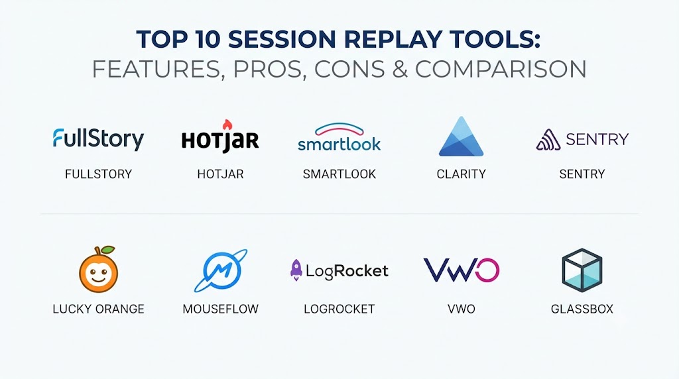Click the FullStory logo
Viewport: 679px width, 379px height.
click(98, 139)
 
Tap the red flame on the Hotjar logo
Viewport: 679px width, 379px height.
click(227, 125)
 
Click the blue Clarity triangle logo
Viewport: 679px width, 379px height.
click(462, 136)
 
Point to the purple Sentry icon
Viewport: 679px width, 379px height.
click(548, 139)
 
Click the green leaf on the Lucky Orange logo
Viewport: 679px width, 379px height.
click(107, 250)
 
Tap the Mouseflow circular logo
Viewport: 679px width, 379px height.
click(221, 270)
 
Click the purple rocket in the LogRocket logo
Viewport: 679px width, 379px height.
click(296, 270)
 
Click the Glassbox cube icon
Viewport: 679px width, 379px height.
click(582, 270)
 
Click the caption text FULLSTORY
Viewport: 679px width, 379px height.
click(98, 174)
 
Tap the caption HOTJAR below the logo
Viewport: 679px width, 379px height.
click(220, 174)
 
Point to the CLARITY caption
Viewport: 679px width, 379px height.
click(462, 174)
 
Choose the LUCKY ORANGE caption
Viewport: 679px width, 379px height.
click(98, 309)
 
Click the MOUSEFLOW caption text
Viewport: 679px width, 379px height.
click(220, 309)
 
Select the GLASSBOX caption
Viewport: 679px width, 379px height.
click(582, 309)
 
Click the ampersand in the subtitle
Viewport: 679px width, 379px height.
click(400, 69)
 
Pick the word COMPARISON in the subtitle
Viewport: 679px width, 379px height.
click(501, 69)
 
